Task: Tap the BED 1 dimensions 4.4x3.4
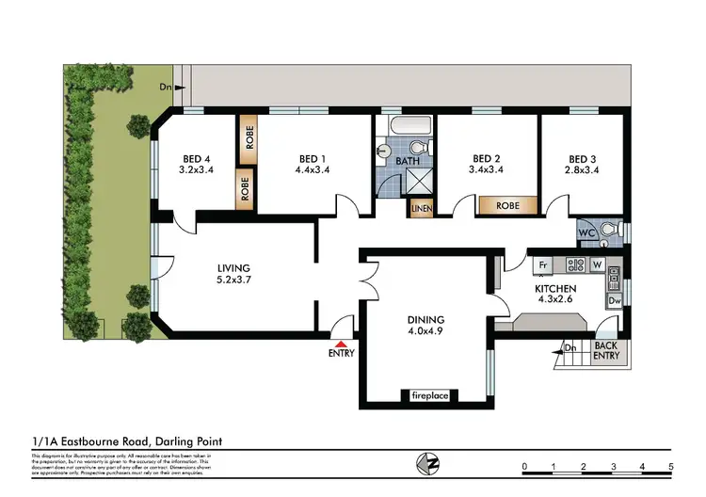[312, 170]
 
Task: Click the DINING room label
[425, 319]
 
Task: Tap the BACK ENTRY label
[606, 351]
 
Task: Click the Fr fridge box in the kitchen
[541, 265]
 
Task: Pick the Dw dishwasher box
[614, 301]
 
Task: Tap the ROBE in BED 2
[507, 204]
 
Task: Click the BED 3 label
[584, 158]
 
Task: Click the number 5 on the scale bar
[671, 466]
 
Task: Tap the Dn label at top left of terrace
[165, 88]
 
